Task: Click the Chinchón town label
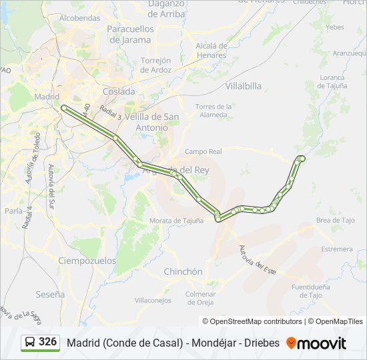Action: click(x=183, y=271)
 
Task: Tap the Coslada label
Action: click(x=119, y=91)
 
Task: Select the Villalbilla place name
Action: click(x=244, y=86)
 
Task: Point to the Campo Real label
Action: click(x=203, y=151)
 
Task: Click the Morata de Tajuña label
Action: click(x=177, y=221)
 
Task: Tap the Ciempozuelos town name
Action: click(x=84, y=260)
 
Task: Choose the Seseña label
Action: click(x=51, y=293)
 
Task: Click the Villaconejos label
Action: click(x=153, y=301)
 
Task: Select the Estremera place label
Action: click(x=336, y=249)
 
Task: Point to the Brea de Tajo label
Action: click(x=336, y=220)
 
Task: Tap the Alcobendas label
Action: click(x=79, y=18)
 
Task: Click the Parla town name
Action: click(x=13, y=210)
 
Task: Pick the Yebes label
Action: click(x=335, y=27)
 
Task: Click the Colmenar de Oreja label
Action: click(x=201, y=298)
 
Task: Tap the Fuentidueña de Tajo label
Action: click(x=311, y=291)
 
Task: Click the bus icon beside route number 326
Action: click(x=30, y=343)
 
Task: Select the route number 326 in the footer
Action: click(x=47, y=342)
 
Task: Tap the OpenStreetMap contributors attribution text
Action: click(x=256, y=321)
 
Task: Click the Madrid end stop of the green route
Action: click(x=63, y=107)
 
